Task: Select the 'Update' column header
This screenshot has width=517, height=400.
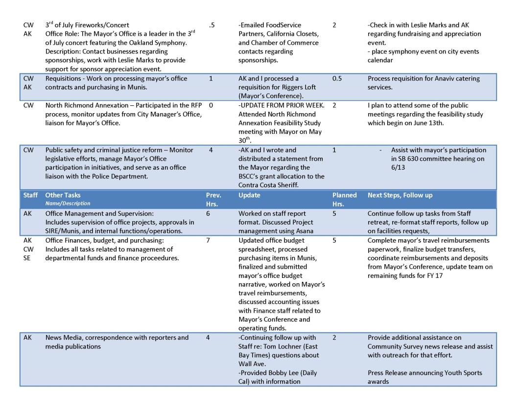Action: tap(250, 195)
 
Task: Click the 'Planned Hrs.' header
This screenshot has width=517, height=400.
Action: tap(345, 199)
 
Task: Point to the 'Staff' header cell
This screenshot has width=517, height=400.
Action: tap(30, 195)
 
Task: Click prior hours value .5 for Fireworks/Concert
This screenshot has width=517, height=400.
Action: tap(211, 25)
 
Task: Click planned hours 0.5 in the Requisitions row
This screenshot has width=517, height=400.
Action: tap(337, 78)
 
